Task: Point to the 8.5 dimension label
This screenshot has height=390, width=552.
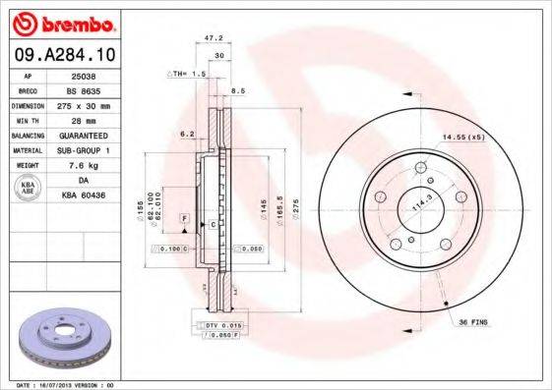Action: tap(236, 91)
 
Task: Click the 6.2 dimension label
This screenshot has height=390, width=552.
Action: tap(186, 133)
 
